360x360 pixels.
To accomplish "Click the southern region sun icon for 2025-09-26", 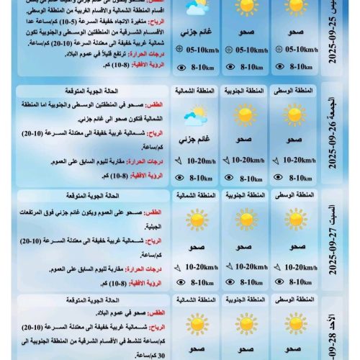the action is click(245, 115).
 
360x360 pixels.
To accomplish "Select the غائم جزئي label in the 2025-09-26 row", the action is click(194, 140).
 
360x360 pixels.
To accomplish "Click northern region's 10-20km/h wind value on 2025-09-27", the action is click(197, 267).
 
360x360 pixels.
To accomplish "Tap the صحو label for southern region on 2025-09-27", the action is click(245, 247).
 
